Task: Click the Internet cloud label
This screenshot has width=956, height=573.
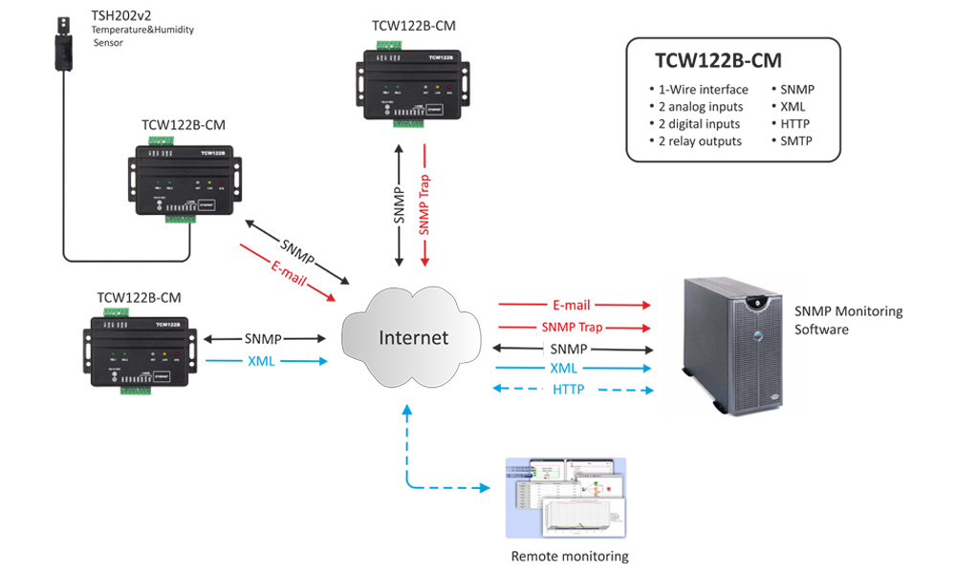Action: (x=413, y=338)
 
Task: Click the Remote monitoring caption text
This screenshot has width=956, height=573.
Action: (x=570, y=556)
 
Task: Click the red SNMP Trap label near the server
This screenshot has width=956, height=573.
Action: (x=572, y=327)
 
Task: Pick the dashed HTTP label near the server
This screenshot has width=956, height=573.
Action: (x=568, y=390)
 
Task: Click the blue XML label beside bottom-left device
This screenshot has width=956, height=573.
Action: (x=262, y=361)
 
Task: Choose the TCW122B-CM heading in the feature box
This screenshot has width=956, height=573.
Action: (x=719, y=61)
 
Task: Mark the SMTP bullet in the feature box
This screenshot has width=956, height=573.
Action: (x=798, y=141)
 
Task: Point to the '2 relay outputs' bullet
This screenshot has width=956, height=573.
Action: (x=699, y=141)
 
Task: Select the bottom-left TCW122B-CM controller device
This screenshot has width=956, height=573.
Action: (x=140, y=350)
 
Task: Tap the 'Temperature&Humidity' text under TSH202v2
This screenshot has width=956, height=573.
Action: (x=141, y=31)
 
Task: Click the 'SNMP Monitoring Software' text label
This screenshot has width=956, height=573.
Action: (x=848, y=321)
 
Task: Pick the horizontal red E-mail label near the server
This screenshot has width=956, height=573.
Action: (x=572, y=306)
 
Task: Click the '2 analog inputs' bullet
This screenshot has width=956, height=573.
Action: (x=701, y=107)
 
